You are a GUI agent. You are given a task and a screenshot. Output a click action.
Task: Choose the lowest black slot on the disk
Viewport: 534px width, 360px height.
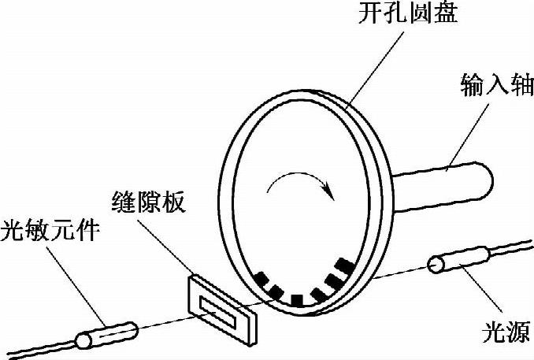click(x=297, y=299)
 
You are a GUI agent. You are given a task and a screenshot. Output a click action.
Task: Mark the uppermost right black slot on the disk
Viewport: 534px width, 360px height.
click(x=343, y=265)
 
